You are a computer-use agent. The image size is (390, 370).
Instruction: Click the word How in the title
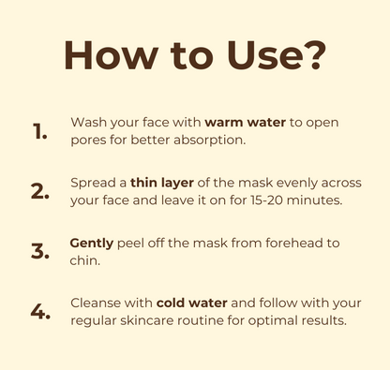(x=111, y=55)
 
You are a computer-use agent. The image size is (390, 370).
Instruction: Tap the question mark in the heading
(x=313, y=55)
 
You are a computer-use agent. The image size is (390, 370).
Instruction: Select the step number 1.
(x=39, y=131)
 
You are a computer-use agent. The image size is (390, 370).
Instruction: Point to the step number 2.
(x=40, y=191)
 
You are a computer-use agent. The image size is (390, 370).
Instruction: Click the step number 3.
(x=40, y=251)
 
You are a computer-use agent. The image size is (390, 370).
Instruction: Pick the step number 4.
(x=40, y=312)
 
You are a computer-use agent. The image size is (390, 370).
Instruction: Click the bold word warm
(x=224, y=123)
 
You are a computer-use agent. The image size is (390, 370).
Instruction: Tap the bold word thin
(x=144, y=183)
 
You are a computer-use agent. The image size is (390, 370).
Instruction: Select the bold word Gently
(x=92, y=244)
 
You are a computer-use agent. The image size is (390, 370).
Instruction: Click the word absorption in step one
(x=209, y=140)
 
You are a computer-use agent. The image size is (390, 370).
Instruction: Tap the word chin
(x=84, y=260)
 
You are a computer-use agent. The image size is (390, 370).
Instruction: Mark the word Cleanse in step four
(x=96, y=303)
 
